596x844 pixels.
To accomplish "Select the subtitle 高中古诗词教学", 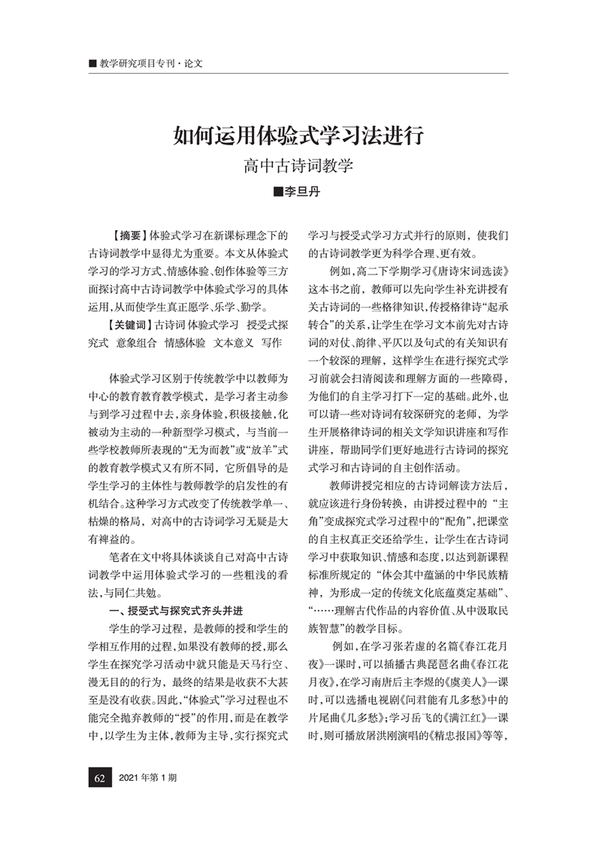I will click(x=298, y=166).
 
